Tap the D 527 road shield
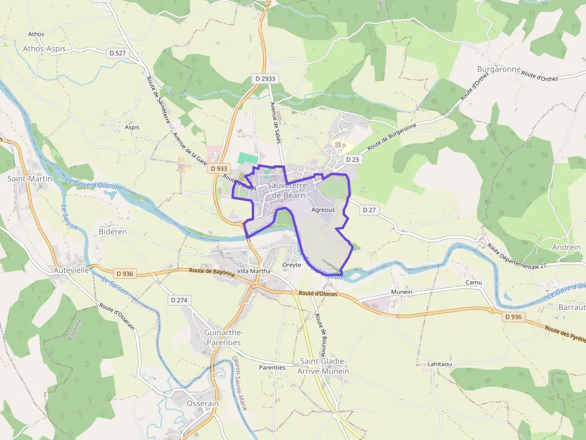tap(118, 53)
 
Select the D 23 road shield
tap(353, 159)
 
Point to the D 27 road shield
tap(370, 210)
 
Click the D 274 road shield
tap(179, 300)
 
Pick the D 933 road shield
tap(219, 169)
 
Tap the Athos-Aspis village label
tap(44, 48)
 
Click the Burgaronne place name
tap(499, 69)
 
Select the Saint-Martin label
tap(29, 179)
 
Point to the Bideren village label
tap(112, 232)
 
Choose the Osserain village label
tap(203, 404)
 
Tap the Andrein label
tap(566, 247)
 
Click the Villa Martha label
tap(254, 270)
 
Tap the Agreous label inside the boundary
tap(323, 210)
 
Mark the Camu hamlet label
tap(474, 282)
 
